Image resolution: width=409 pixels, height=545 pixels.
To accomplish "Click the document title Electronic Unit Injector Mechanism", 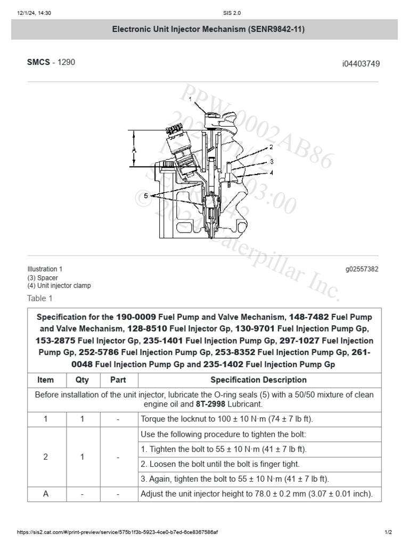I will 208,30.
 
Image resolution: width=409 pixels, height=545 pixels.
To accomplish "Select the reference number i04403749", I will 361,64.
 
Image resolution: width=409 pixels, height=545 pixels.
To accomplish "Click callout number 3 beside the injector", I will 271,161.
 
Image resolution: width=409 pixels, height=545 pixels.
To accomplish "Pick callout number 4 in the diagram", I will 271,172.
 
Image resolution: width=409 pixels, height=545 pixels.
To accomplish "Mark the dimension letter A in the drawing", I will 134,150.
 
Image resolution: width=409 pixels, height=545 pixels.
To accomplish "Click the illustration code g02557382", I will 362,269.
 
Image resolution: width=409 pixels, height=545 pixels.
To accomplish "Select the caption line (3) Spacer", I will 43,278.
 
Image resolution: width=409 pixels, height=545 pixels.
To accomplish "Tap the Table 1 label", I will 40,298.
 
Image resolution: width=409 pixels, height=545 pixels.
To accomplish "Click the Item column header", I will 46,380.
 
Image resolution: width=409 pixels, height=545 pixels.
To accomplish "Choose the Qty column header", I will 82,380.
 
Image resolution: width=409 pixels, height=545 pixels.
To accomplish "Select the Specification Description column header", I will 258,380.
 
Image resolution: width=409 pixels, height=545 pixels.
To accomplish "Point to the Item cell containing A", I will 46,494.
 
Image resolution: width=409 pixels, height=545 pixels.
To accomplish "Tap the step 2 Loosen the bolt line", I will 221,464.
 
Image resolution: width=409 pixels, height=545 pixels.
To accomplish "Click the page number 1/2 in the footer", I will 388,532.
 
